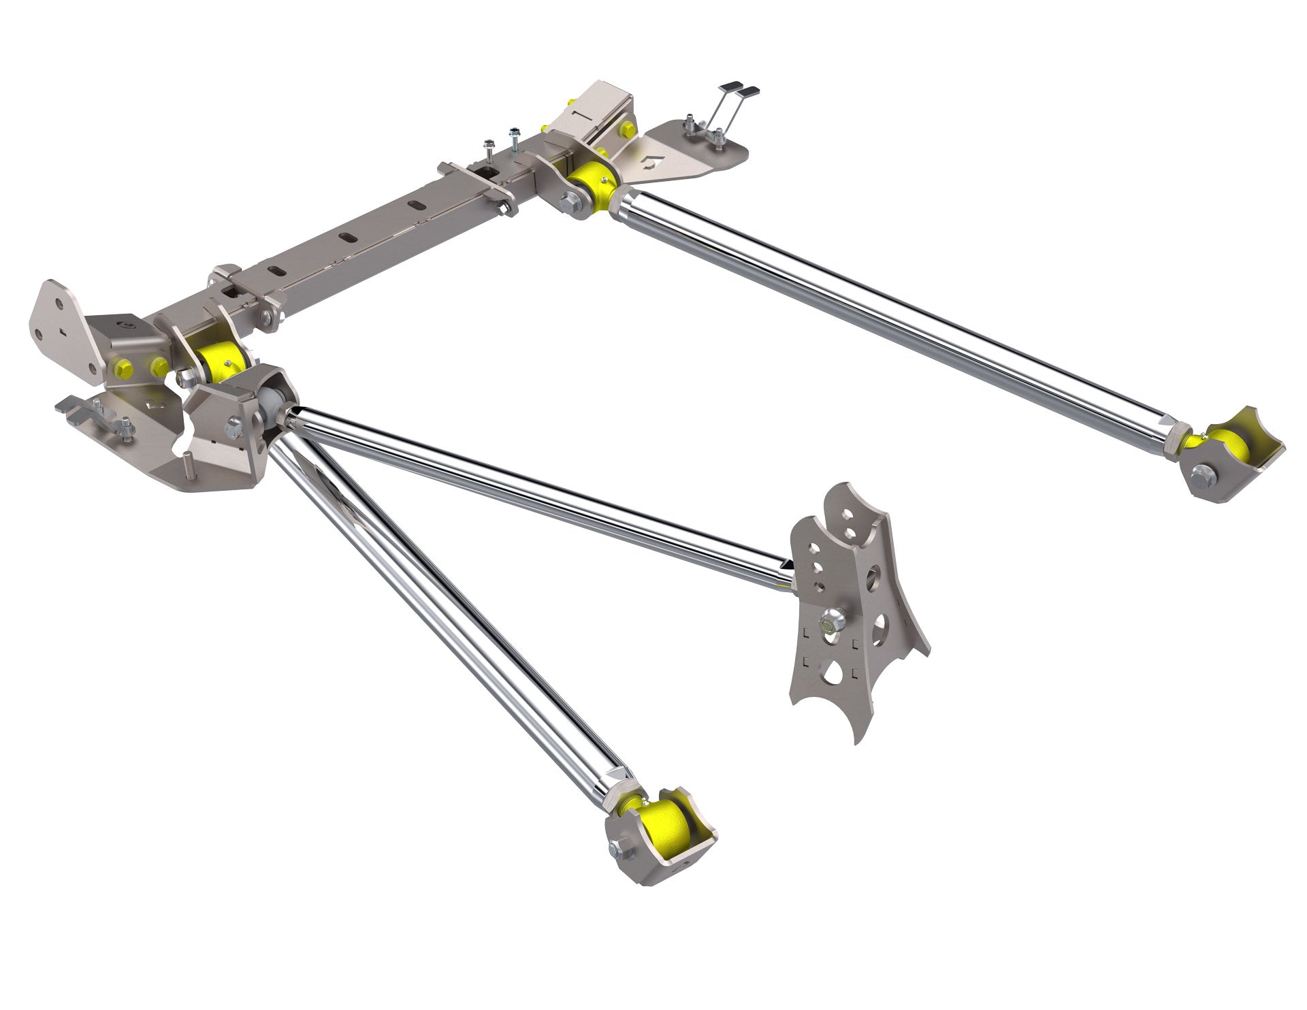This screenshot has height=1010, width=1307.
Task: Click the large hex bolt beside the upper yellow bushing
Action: click(x=568, y=201)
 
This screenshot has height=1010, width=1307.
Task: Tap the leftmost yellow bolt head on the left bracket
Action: click(x=125, y=368)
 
